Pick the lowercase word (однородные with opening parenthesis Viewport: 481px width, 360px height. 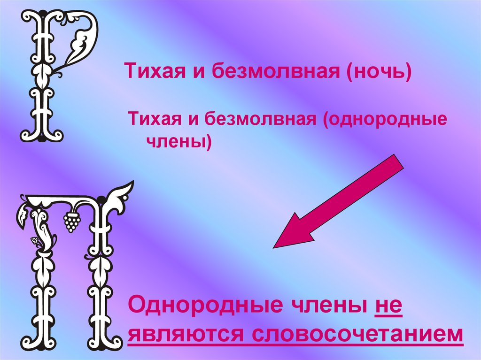click(383, 119)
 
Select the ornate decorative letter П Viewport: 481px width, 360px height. click(70, 263)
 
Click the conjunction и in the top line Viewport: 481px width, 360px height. click(197, 72)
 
